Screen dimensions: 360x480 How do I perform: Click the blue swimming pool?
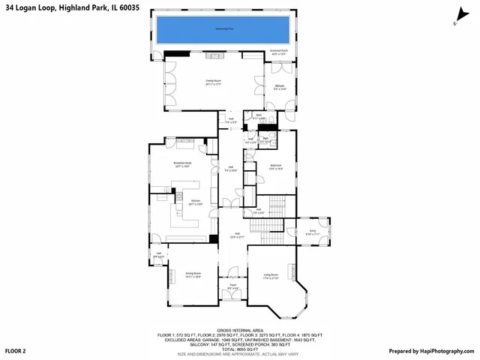[223, 31]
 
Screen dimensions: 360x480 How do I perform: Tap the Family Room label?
[214, 82]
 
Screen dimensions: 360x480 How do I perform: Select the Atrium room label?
[279, 88]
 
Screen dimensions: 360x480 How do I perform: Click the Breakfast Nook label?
[183, 165]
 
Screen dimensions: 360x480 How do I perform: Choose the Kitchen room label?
[195, 202]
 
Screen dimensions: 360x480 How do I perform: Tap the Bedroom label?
[275, 166]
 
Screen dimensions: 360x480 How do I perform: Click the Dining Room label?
[193, 274]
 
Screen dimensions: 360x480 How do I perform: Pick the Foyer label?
[232, 286]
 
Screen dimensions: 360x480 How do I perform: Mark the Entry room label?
[313, 233]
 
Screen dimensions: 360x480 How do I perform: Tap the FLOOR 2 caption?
[16, 351]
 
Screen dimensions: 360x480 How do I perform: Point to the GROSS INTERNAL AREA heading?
[239, 329]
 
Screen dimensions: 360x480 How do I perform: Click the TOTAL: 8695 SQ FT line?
[239, 349]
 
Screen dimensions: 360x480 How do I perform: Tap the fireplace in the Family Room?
[215, 55]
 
